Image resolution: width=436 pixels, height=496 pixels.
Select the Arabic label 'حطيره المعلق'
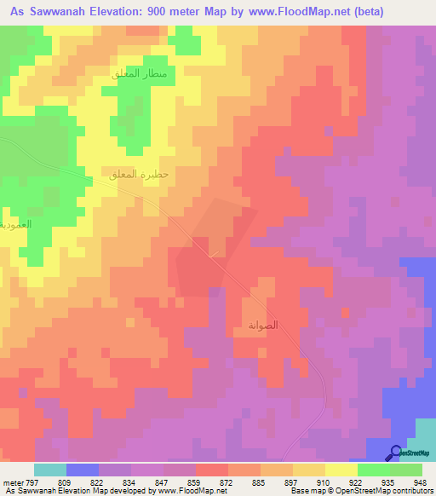click(141, 175)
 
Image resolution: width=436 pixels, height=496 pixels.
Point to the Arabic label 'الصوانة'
click(262, 326)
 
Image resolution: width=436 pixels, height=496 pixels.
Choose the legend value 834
click(130, 482)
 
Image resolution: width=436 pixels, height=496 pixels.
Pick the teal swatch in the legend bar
click(49, 470)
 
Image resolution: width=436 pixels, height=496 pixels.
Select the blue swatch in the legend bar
click(82, 470)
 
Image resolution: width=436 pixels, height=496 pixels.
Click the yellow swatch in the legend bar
click(341, 470)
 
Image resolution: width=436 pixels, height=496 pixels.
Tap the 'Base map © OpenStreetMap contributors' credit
click(360, 491)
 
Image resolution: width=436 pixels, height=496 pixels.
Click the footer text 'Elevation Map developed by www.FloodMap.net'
click(109, 491)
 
